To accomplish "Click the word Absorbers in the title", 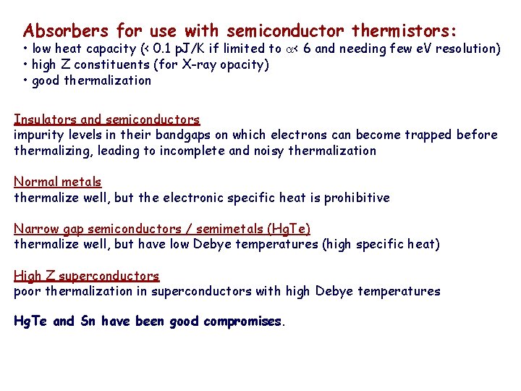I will pyautogui.click(x=66, y=31).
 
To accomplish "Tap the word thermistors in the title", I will pyautogui.click(x=404, y=31).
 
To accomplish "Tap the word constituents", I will pyautogui.click(x=107, y=65).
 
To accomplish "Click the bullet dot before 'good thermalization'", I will pyautogui.click(x=25, y=80).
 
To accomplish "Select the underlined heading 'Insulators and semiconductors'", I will pyautogui.click(x=107, y=119).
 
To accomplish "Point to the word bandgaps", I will pyautogui.click(x=181, y=135).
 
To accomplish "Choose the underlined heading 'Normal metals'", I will pyautogui.click(x=58, y=182).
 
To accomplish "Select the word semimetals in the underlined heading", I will pyautogui.click(x=227, y=229).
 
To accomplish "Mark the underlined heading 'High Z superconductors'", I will pyautogui.click(x=87, y=276).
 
